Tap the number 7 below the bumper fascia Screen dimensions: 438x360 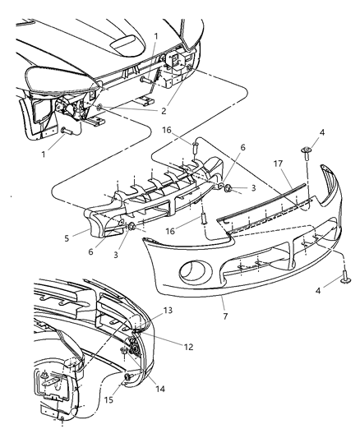[x=223, y=315]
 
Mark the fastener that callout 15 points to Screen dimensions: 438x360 [x=129, y=376]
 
